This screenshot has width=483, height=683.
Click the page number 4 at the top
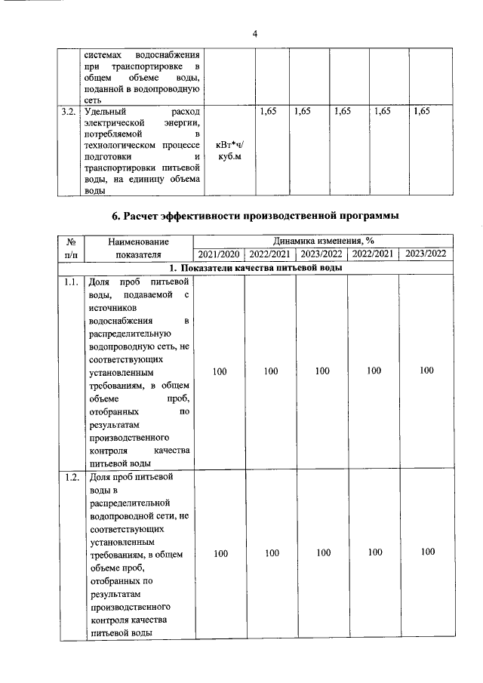click(255, 34)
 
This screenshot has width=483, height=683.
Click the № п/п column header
click(69, 248)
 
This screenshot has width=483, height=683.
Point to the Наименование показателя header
click(139, 248)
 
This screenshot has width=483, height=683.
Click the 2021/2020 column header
click(220, 254)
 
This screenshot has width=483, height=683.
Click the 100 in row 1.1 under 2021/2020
click(220, 371)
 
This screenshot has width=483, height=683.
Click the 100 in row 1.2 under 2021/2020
click(220, 553)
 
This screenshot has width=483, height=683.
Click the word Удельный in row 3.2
click(105, 112)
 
